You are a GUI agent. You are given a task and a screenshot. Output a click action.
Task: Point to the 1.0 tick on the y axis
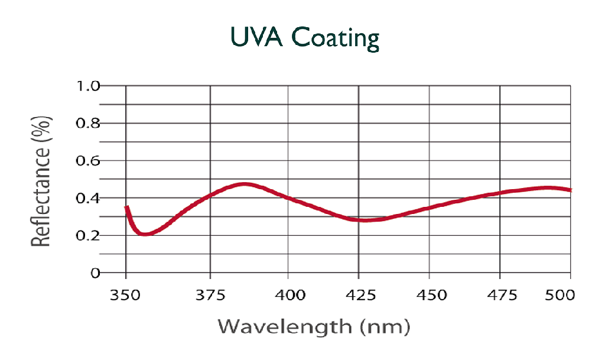coord(87,86)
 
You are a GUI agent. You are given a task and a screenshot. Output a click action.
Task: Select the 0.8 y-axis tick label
coord(87,124)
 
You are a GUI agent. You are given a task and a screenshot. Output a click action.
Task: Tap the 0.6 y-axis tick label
coord(87,161)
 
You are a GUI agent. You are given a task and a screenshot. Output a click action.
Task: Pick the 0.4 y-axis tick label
coord(87,198)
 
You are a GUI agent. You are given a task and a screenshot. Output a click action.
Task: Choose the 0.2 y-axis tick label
coord(87,235)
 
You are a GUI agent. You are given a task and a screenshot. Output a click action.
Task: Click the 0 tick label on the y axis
coord(95,273)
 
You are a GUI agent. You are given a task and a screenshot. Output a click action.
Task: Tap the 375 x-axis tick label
coord(210,294)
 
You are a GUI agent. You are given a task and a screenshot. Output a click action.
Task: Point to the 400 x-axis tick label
coord(288,294)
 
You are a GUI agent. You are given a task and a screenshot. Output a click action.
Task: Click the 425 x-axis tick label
coord(359,294)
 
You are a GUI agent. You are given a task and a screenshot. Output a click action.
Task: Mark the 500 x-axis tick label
coord(558,294)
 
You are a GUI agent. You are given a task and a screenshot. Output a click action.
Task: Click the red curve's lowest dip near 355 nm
coord(144,234)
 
